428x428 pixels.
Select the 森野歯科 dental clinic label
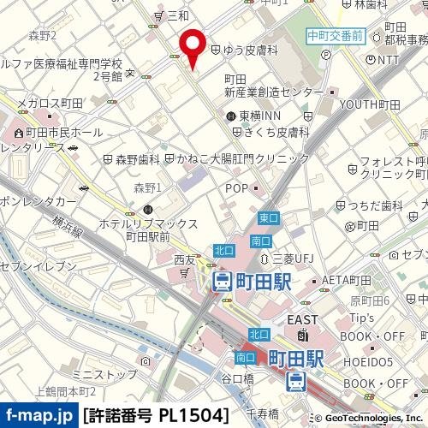[x=137, y=158]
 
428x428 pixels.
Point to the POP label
[x=237, y=187]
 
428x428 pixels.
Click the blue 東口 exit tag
[x=268, y=218]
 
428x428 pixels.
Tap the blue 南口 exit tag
[x=245, y=357]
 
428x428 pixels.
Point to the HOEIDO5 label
[x=368, y=360]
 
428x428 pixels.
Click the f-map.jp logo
[x=39, y=416]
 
